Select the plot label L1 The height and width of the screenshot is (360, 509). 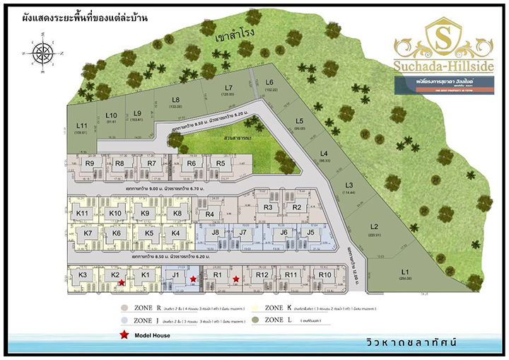click(x=405, y=272)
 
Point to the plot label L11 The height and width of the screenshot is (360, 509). click(x=81, y=125)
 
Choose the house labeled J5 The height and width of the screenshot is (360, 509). click(x=310, y=233)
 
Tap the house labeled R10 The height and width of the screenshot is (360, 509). click(x=324, y=276)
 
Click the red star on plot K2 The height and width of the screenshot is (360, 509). click(x=122, y=283)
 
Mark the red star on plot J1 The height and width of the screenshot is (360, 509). click(x=193, y=279)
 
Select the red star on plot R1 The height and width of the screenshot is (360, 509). click(x=235, y=279)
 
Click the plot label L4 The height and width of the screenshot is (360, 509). click(x=324, y=155)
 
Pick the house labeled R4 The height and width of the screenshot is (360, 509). click(x=209, y=214)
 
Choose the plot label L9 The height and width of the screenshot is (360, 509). click(x=137, y=113)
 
